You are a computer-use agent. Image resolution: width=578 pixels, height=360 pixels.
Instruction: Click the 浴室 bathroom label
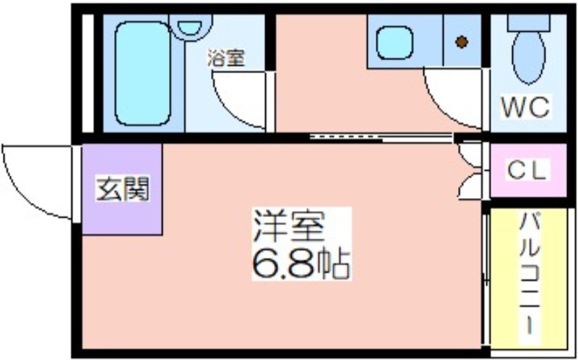(x=225, y=59)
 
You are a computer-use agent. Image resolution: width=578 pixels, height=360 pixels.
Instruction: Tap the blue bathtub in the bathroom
(x=144, y=72)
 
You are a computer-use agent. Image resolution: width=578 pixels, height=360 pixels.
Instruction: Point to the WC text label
(x=526, y=108)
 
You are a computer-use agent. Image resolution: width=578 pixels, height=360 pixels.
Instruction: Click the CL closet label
(x=527, y=171)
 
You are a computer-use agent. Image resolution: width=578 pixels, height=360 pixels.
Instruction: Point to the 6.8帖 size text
(x=301, y=265)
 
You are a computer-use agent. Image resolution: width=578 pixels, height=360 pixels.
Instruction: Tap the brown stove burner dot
(x=461, y=42)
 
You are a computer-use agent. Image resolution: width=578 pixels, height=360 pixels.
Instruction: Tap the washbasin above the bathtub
(x=190, y=27)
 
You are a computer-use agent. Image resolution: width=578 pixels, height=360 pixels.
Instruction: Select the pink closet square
(x=527, y=171)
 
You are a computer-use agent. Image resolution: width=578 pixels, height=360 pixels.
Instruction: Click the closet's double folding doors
(x=470, y=171)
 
